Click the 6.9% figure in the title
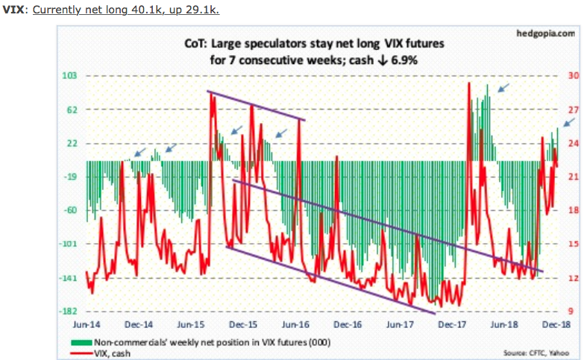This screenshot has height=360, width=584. tap(403, 59)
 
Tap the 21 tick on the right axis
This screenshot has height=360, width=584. tap(572, 177)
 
